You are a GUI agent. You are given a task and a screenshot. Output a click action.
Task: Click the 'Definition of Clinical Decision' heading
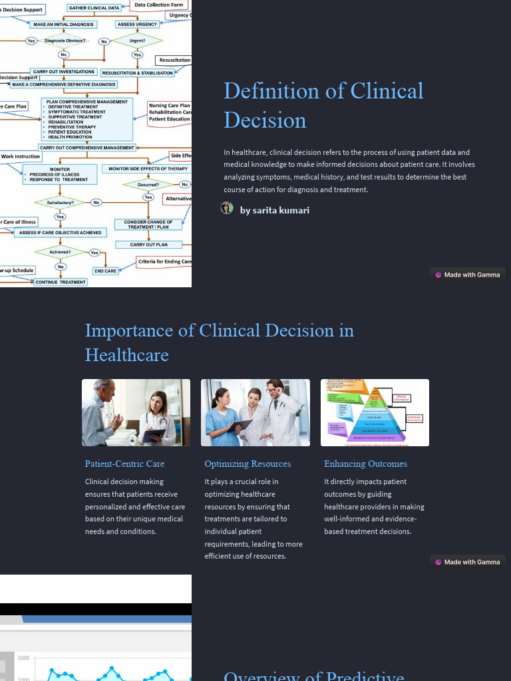(x=323, y=105)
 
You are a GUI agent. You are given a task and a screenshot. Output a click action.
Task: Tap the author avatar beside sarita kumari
(x=227, y=208)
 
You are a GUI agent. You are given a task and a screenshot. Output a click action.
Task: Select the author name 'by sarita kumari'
(x=274, y=210)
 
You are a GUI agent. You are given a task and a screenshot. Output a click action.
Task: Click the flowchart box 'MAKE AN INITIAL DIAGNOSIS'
(x=64, y=25)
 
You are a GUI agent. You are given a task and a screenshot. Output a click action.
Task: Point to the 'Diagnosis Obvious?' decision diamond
(x=65, y=41)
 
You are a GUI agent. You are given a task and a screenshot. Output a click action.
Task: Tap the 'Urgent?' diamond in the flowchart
(x=137, y=41)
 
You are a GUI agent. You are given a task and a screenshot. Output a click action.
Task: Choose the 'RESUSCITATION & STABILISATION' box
(x=138, y=73)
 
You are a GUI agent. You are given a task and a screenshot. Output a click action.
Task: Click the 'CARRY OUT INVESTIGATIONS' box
(x=64, y=72)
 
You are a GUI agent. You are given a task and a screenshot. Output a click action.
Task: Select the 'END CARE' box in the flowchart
(x=105, y=271)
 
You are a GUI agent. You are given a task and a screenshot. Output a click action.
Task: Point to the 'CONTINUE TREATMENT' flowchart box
(x=61, y=282)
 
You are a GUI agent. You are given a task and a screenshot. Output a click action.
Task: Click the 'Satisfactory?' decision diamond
(x=61, y=202)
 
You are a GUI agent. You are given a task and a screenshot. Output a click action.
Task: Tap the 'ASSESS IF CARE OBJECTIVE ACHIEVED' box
(x=61, y=233)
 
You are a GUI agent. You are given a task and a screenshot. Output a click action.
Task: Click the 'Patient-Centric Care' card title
(x=124, y=464)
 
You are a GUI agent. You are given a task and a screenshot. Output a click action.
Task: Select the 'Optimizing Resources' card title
(x=248, y=464)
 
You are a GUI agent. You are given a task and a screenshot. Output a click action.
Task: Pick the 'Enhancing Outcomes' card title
(x=365, y=464)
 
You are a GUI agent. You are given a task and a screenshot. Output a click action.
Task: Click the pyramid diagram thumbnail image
(x=375, y=412)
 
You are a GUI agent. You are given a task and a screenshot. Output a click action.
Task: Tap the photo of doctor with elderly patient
(x=136, y=412)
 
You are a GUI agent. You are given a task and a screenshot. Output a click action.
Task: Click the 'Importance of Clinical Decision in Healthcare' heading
(x=220, y=342)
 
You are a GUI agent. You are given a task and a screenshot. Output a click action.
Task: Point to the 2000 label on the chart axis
(x=24, y=658)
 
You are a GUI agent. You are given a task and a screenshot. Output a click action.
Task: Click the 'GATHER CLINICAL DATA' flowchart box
(x=94, y=8)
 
